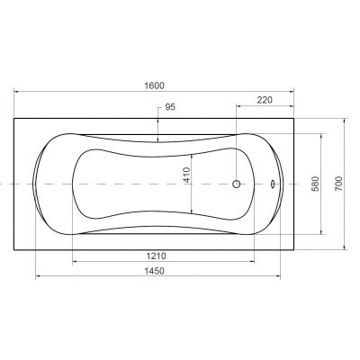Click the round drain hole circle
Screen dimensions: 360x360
pos(237,184)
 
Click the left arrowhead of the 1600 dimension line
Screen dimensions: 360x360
pos(17,91)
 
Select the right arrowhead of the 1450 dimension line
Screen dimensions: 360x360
pos(280,276)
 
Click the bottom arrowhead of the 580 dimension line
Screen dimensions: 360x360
pos(320,235)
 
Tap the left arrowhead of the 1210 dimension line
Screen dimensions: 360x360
pos(75,263)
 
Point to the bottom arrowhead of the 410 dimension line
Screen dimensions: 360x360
pos(192,214)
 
